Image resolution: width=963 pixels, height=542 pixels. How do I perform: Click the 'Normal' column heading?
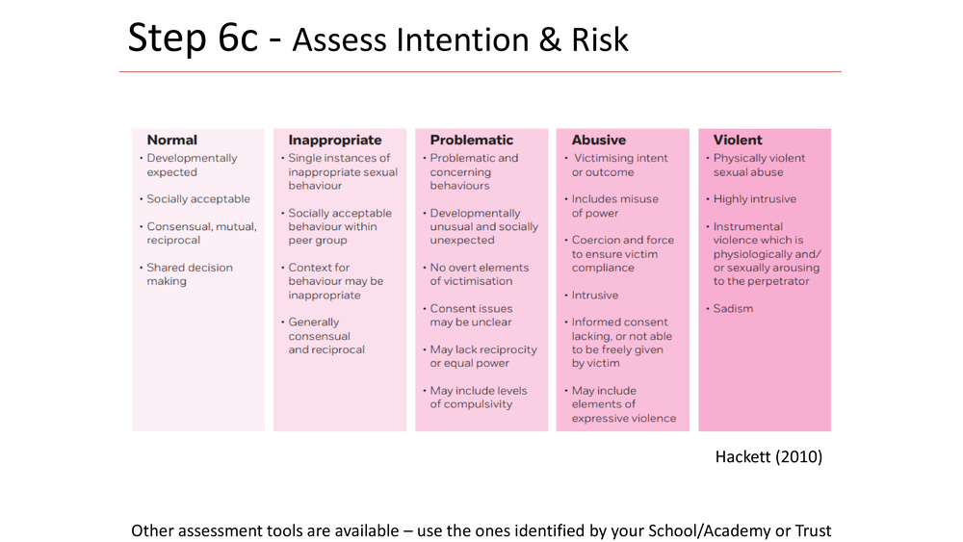click(x=172, y=140)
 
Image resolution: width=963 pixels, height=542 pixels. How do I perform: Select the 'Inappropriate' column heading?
click(x=335, y=141)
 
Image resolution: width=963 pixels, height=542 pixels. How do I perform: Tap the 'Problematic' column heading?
click(x=472, y=140)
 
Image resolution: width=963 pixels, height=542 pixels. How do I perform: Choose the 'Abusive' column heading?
click(x=599, y=140)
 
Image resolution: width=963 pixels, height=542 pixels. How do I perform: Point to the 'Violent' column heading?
click(x=738, y=140)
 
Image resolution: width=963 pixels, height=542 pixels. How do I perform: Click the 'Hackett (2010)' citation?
click(x=768, y=456)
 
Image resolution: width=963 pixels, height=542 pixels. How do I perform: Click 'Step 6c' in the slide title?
click(x=193, y=39)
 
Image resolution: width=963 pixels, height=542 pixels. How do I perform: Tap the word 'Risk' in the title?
click(x=600, y=39)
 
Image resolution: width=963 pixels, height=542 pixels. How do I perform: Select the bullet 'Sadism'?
click(x=733, y=309)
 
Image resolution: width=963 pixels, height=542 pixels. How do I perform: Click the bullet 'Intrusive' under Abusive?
click(x=594, y=296)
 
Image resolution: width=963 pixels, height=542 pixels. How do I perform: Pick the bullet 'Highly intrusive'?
click(x=754, y=199)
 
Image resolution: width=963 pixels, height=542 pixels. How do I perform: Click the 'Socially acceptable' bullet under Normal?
click(x=197, y=199)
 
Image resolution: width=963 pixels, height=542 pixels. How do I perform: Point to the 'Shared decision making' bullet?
click(x=189, y=274)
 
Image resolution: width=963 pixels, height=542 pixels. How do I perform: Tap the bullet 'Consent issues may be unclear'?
click(x=471, y=316)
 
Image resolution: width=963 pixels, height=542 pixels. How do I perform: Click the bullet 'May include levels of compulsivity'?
click(x=479, y=398)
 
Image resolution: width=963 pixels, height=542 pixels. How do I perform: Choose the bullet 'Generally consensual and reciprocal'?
click(x=326, y=336)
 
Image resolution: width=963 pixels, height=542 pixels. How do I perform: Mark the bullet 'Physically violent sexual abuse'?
click(x=759, y=166)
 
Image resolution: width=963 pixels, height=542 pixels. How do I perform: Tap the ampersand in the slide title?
click(x=551, y=40)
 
